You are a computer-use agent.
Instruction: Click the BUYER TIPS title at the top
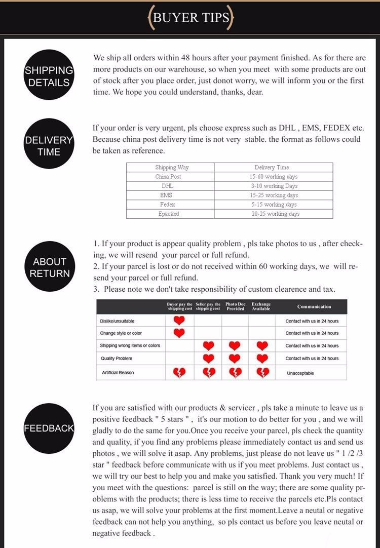(x=190, y=17)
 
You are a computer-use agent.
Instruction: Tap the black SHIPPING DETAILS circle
(x=49, y=76)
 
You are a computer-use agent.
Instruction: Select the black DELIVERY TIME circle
(x=49, y=145)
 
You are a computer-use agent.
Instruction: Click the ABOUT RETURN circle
(x=49, y=267)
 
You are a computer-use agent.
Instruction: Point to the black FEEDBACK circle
(x=49, y=428)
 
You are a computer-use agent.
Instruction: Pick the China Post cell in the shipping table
(x=168, y=177)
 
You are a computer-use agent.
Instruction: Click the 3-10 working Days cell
(x=274, y=186)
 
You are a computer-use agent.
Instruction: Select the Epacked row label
(x=168, y=214)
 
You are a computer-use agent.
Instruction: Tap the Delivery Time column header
(x=274, y=167)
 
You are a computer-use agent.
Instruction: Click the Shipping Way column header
(x=172, y=167)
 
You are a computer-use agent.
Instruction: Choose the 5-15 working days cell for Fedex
(x=274, y=205)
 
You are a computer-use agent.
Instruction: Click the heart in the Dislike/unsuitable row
(x=179, y=321)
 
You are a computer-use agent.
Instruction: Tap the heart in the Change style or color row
(x=179, y=333)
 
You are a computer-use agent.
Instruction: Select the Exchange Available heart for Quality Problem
(x=262, y=358)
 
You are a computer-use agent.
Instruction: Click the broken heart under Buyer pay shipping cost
(x=179, y=373)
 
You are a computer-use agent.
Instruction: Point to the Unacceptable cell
(x=300, y=373)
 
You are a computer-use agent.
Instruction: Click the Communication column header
(x=314, y=306)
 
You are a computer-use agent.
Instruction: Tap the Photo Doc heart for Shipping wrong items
(x=234, y=345)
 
